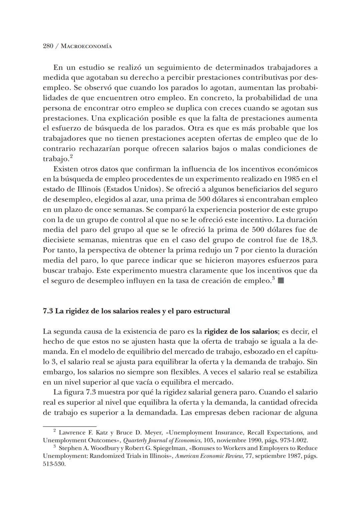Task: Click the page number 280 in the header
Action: click(x=49, y=46)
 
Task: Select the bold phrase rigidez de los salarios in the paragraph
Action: click(x=241, y=331)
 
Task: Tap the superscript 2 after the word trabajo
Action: click(x=71, y=156)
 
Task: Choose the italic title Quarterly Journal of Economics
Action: click(x=164, y=440)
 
